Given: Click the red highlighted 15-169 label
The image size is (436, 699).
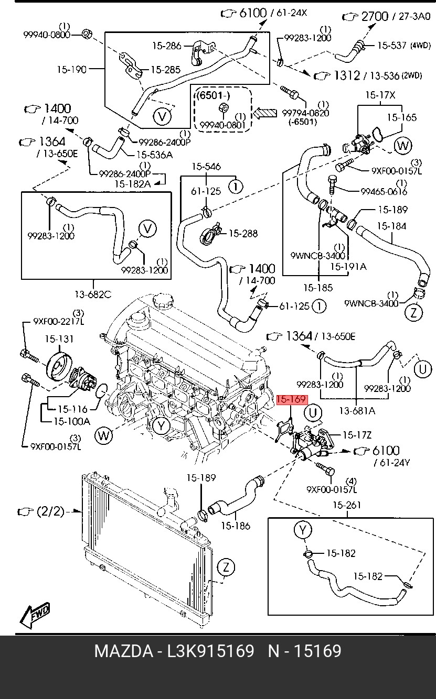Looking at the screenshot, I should [x=291, y=400].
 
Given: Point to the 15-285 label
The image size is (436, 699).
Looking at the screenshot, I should [x=166, y=69].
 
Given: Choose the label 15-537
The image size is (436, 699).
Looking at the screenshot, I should [x=391, y=46].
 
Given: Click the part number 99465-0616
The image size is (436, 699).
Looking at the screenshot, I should [x=384, y=191].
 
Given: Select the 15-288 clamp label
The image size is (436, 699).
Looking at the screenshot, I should [x=242, y=233].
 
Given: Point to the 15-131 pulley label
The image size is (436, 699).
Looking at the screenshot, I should [x=59, y=339].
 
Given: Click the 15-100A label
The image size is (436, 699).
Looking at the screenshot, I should [x=71, y=421].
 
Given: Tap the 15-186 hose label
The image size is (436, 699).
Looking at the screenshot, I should [x=235, y=526].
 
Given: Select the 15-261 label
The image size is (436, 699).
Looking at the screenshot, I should [x=347, y=505].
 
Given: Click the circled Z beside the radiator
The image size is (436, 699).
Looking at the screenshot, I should [x=226, y=567].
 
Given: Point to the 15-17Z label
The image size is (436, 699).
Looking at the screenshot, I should [x=356, y=435].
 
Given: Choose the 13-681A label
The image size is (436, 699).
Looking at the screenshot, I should [x=357, y=411].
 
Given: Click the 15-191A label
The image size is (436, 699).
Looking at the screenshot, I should [x=348, y=267].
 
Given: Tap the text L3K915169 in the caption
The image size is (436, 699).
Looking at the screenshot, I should [x=210, y=651].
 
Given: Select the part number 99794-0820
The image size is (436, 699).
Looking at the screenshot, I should [x=305, y=113].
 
